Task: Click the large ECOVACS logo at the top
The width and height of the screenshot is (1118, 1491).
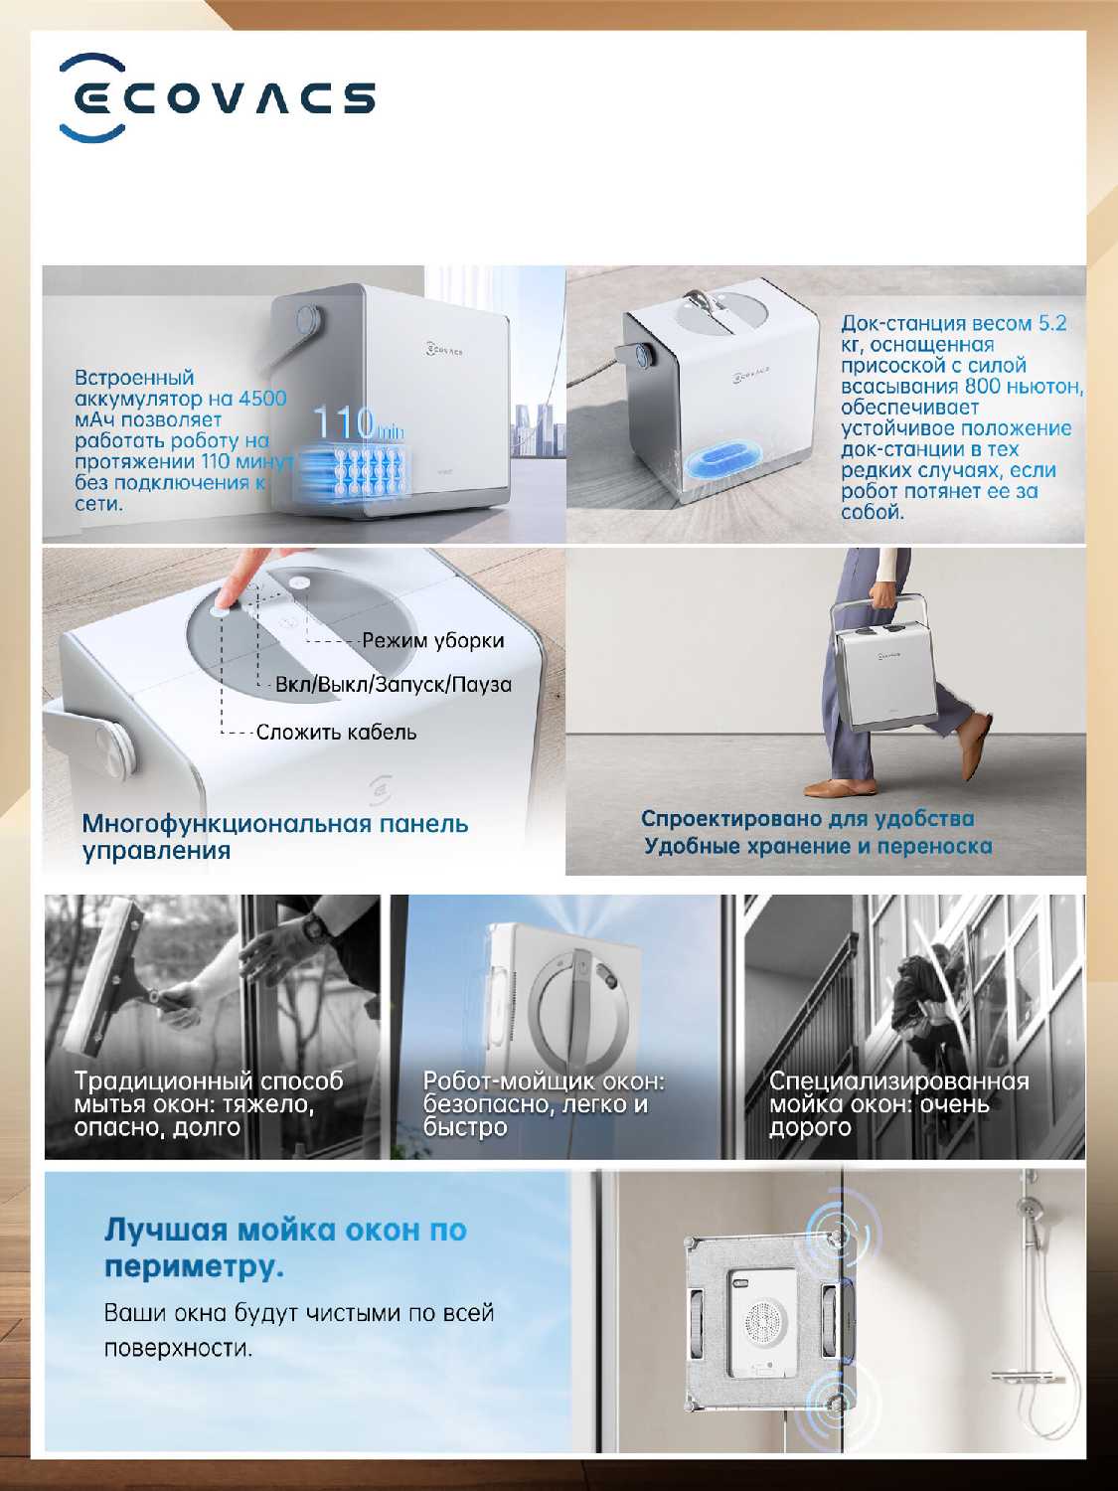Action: tap(218, 97)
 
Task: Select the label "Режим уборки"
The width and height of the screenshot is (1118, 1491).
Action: tap(433, 640)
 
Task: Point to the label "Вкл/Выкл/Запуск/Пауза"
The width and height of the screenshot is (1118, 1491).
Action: tap(393, 684)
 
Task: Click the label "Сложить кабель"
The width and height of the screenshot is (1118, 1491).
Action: tap(336, 733)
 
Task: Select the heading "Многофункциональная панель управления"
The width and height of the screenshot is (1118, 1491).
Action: tap(275, 837)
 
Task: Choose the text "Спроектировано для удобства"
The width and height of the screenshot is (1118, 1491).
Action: tap(808, 818)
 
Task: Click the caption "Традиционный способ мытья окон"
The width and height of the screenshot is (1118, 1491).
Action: tap(209, 1091)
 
